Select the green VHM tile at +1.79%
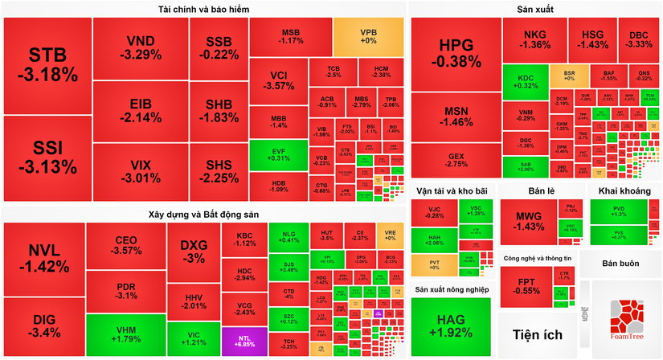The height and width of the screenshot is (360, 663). click(x=125, y=334)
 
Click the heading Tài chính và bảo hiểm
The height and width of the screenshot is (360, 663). click(x=204, y=10)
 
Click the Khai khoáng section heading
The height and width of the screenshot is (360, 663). click(x=624, y=190)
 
